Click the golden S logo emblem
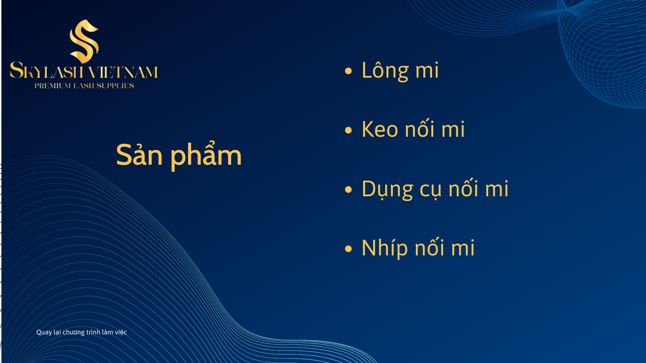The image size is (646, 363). pyautogui.click(x=84, y=41)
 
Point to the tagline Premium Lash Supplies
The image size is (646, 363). pyautogui.click(x=84, y=86)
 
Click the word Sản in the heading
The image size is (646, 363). pyautogui.click(x=139, y=155)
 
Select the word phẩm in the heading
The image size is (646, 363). pyautogui.click(x=206, y=155)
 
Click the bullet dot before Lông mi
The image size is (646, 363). pyautogui.click(x=348, y=71)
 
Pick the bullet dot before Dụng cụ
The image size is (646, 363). pyautogui.click(x=348, y=189)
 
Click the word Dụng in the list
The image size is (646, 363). pyautogui.click(x=387, y=189)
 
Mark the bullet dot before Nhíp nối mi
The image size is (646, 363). pyautogui.click(x=348, y=249)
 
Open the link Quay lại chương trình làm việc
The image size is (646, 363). pyautogui.click(x=81, y=332)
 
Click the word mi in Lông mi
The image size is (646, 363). pyautogui.click(x=427, y=70)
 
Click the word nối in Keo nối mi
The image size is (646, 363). pyautogui.click(x=420, y=128)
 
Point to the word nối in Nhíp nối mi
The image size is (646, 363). pyautogui.click(x=429, y=247)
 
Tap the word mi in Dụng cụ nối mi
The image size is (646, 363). pyautogui.click(x=497, y=189)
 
